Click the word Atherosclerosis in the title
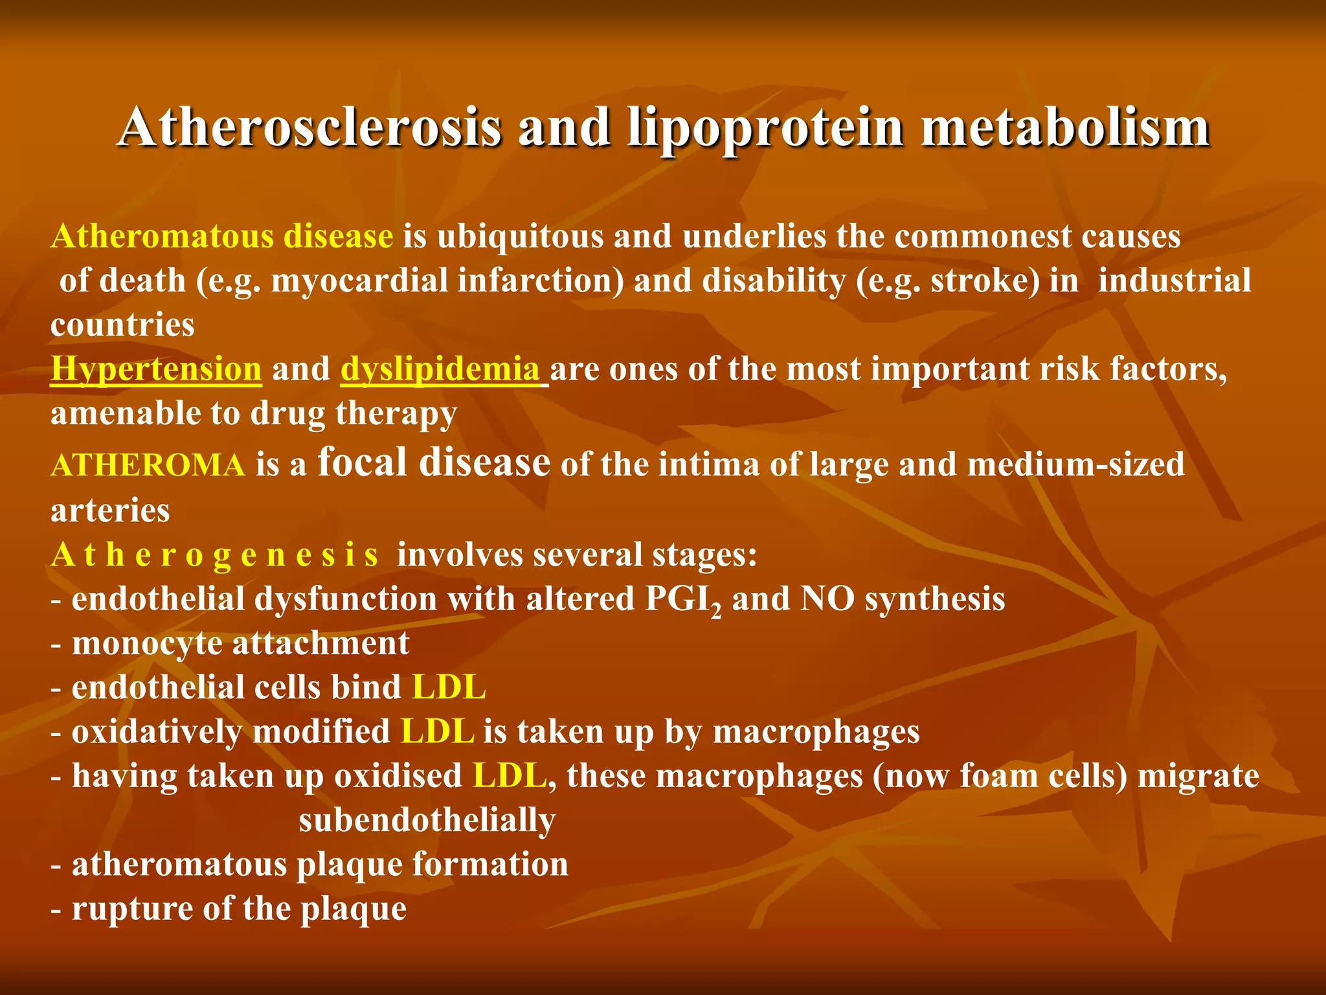click(x=309, y=127)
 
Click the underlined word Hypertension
click(x=156, y=369)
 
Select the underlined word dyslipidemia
click(x=440, y=369)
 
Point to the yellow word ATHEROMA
click(x=148, y=465)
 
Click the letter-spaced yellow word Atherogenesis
click(x=214, y=555)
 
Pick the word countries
click(x=122, y=325)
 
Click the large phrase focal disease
click(x=434, y=463)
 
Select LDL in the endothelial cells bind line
click(x=448, y=687)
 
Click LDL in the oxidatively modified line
click(x=438, y=732)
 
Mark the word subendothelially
click(x=427, y=821)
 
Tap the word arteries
click(x=110, y=510)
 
